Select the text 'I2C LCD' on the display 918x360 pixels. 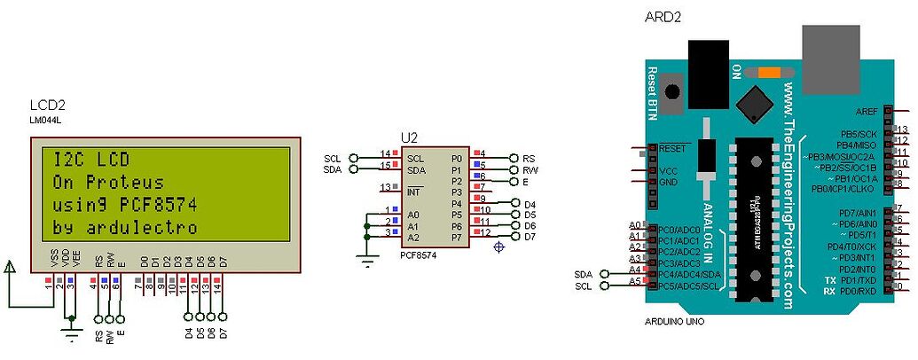pos(91,160)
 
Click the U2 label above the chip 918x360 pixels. pos(409,137)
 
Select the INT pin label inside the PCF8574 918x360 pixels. pos(413,191)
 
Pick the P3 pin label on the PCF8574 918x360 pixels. pos(457,192)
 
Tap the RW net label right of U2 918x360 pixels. pos(530,169)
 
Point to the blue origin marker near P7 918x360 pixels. pos(499,247)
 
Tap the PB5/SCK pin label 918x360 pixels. pos(858,133)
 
